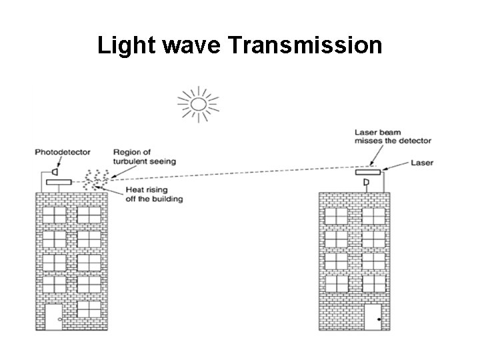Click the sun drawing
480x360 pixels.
tap(197, 103)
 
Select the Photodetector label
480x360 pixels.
tap(63, 153)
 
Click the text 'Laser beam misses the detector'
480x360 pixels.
tap(393, 137)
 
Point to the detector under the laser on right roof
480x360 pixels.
tap(365, 182)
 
